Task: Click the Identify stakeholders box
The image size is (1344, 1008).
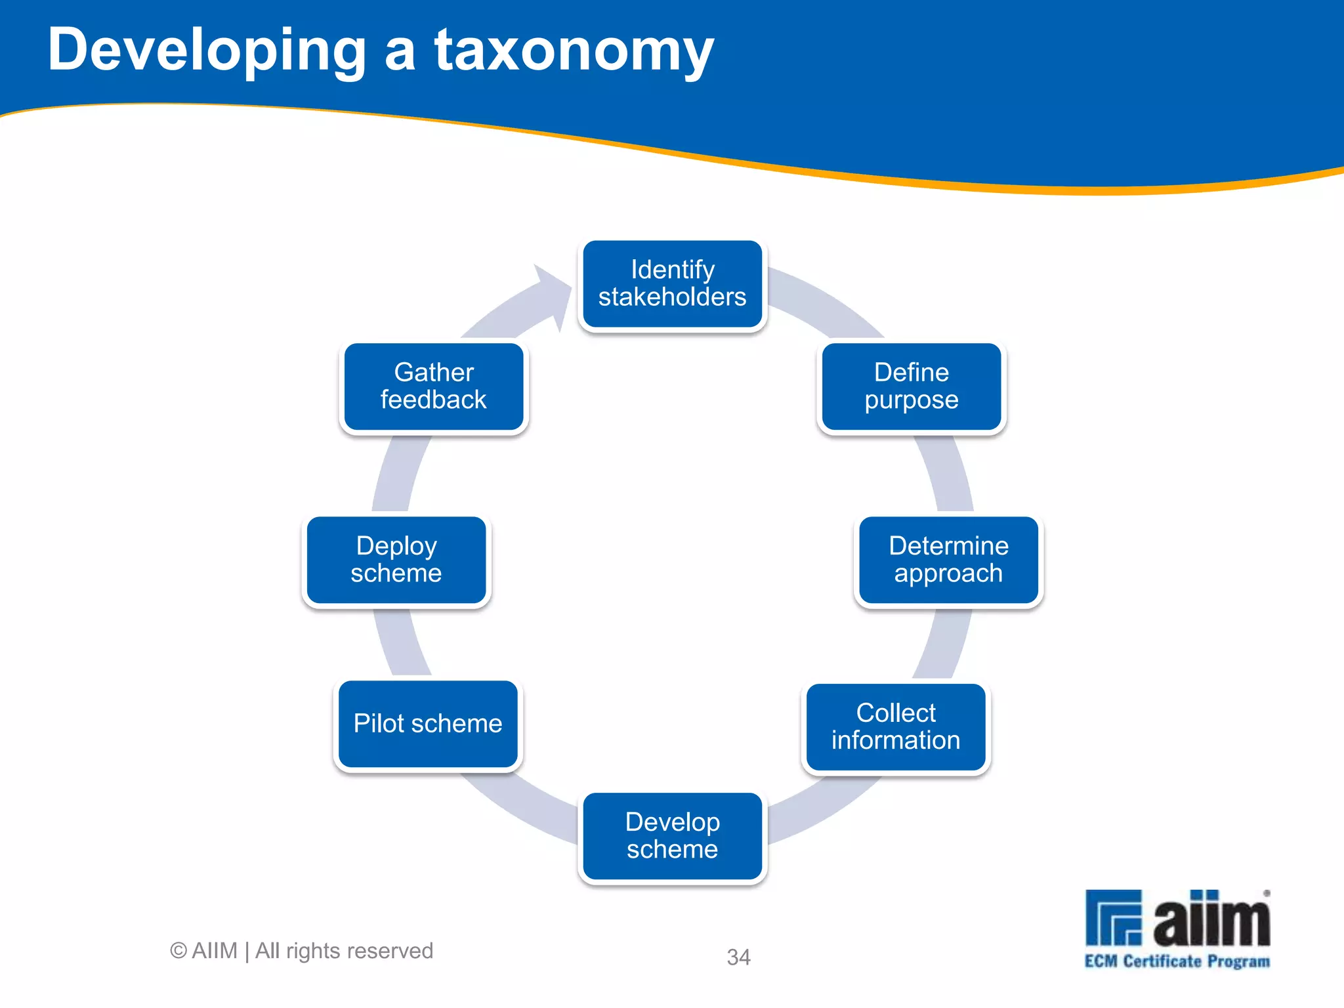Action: click(672, 283)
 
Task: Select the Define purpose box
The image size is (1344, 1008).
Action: click(912, 386)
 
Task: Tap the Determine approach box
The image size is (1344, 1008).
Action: click(948, 559)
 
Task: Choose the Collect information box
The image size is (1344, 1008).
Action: click(896, 726)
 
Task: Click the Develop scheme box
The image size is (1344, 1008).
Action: click(672, 835)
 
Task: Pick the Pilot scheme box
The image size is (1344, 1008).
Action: click(428, 723)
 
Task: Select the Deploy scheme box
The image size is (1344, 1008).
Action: click(396, 559)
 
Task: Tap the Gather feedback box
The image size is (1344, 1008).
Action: click(434, 386)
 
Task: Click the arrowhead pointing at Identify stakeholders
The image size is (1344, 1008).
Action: click(555, 295)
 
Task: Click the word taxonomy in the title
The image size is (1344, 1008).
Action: click(574, 51)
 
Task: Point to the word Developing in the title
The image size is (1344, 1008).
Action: click(207, 51)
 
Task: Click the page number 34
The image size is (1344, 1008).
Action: click(738, 957)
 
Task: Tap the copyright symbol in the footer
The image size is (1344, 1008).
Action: click(178, 950)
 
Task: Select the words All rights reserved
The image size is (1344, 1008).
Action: click(344, 950)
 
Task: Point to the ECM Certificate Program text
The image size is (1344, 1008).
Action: click(1177, 961)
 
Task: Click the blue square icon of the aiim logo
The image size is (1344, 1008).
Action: click(1113, 917)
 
